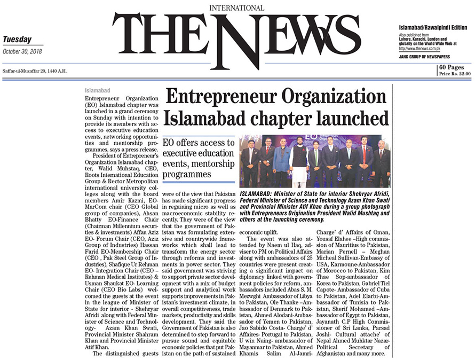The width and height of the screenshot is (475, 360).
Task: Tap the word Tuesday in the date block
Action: tap(17, 40)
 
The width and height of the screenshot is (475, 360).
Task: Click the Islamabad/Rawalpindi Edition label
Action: tap(432, 27)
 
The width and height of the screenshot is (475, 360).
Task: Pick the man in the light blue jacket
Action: tap(281, 163)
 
